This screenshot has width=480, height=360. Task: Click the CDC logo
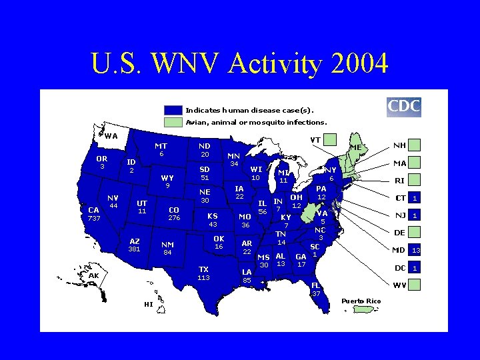click(404, 106)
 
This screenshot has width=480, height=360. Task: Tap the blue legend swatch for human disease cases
click(173, 110)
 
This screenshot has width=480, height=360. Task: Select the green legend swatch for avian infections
click(173, 122)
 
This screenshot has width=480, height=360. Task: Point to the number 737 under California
click(93, 218)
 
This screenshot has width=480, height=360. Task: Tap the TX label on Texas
click(204, 269)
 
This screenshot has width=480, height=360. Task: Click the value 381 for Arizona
click(135, 249)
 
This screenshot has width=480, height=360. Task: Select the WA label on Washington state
click(111, 136)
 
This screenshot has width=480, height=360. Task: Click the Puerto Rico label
click(361, 301)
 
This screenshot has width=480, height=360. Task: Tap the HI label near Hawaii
click(148, 304)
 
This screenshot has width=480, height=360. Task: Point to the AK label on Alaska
click(93, 275)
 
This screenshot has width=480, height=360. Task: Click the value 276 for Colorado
click(174, 217)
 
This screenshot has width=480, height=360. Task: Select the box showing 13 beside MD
click(415, 251)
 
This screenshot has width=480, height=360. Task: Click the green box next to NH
click(415, 145)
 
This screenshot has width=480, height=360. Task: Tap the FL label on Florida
click(317, 285)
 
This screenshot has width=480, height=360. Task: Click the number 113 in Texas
click(204, 277)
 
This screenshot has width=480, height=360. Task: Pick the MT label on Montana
click(161, 146)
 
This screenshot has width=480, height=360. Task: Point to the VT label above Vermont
click(315, 140)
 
